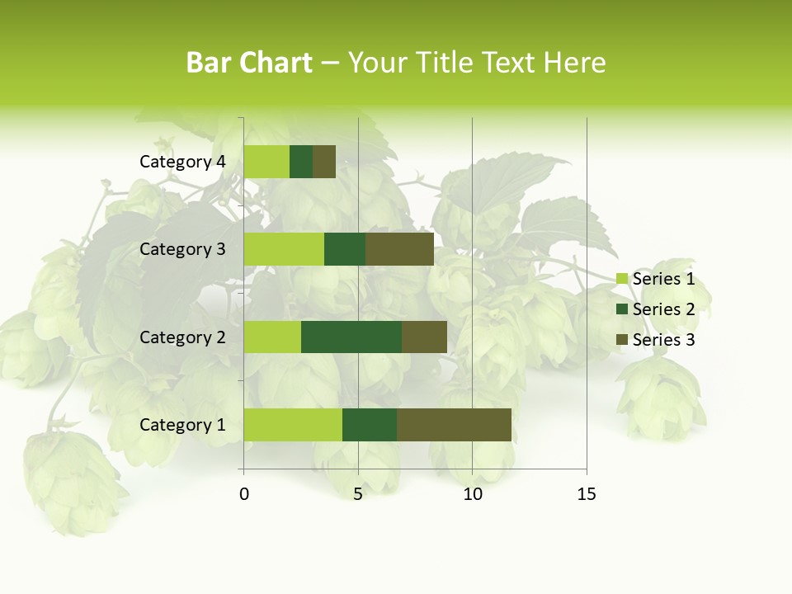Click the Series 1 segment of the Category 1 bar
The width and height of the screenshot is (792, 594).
click(293, 425)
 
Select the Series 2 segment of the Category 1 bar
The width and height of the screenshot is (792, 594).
click(370, 425)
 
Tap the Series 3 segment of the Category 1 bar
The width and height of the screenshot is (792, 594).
click(454, 425)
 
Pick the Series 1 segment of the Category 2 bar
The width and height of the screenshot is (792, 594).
click(272, 337)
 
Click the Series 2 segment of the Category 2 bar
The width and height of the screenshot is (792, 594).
click(351, 337)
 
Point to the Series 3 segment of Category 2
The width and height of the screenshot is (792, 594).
click(424, 337)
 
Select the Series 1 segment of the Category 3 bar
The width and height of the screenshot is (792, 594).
click(284, 249)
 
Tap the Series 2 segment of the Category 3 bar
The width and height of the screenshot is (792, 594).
click(345, 249)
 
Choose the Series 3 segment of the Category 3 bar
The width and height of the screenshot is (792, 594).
click(399, 249)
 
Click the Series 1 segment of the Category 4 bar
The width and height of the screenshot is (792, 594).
click(266, 162)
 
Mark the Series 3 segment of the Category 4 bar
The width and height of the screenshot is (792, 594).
click(324, 162)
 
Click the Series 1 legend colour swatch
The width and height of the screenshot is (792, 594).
click(622, 280)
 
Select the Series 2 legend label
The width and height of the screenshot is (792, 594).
click(663, 309)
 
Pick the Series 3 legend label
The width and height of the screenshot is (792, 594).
click(663, 340)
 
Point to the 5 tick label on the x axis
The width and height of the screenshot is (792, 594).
click(358, 494)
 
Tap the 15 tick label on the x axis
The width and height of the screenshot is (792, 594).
click(586, 494)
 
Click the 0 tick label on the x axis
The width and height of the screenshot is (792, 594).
click(244, 494)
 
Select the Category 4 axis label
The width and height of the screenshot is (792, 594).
click(182, 162)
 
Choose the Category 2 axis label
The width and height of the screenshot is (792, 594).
click(182, 337)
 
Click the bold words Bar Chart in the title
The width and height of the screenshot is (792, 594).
click(249, 63)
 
